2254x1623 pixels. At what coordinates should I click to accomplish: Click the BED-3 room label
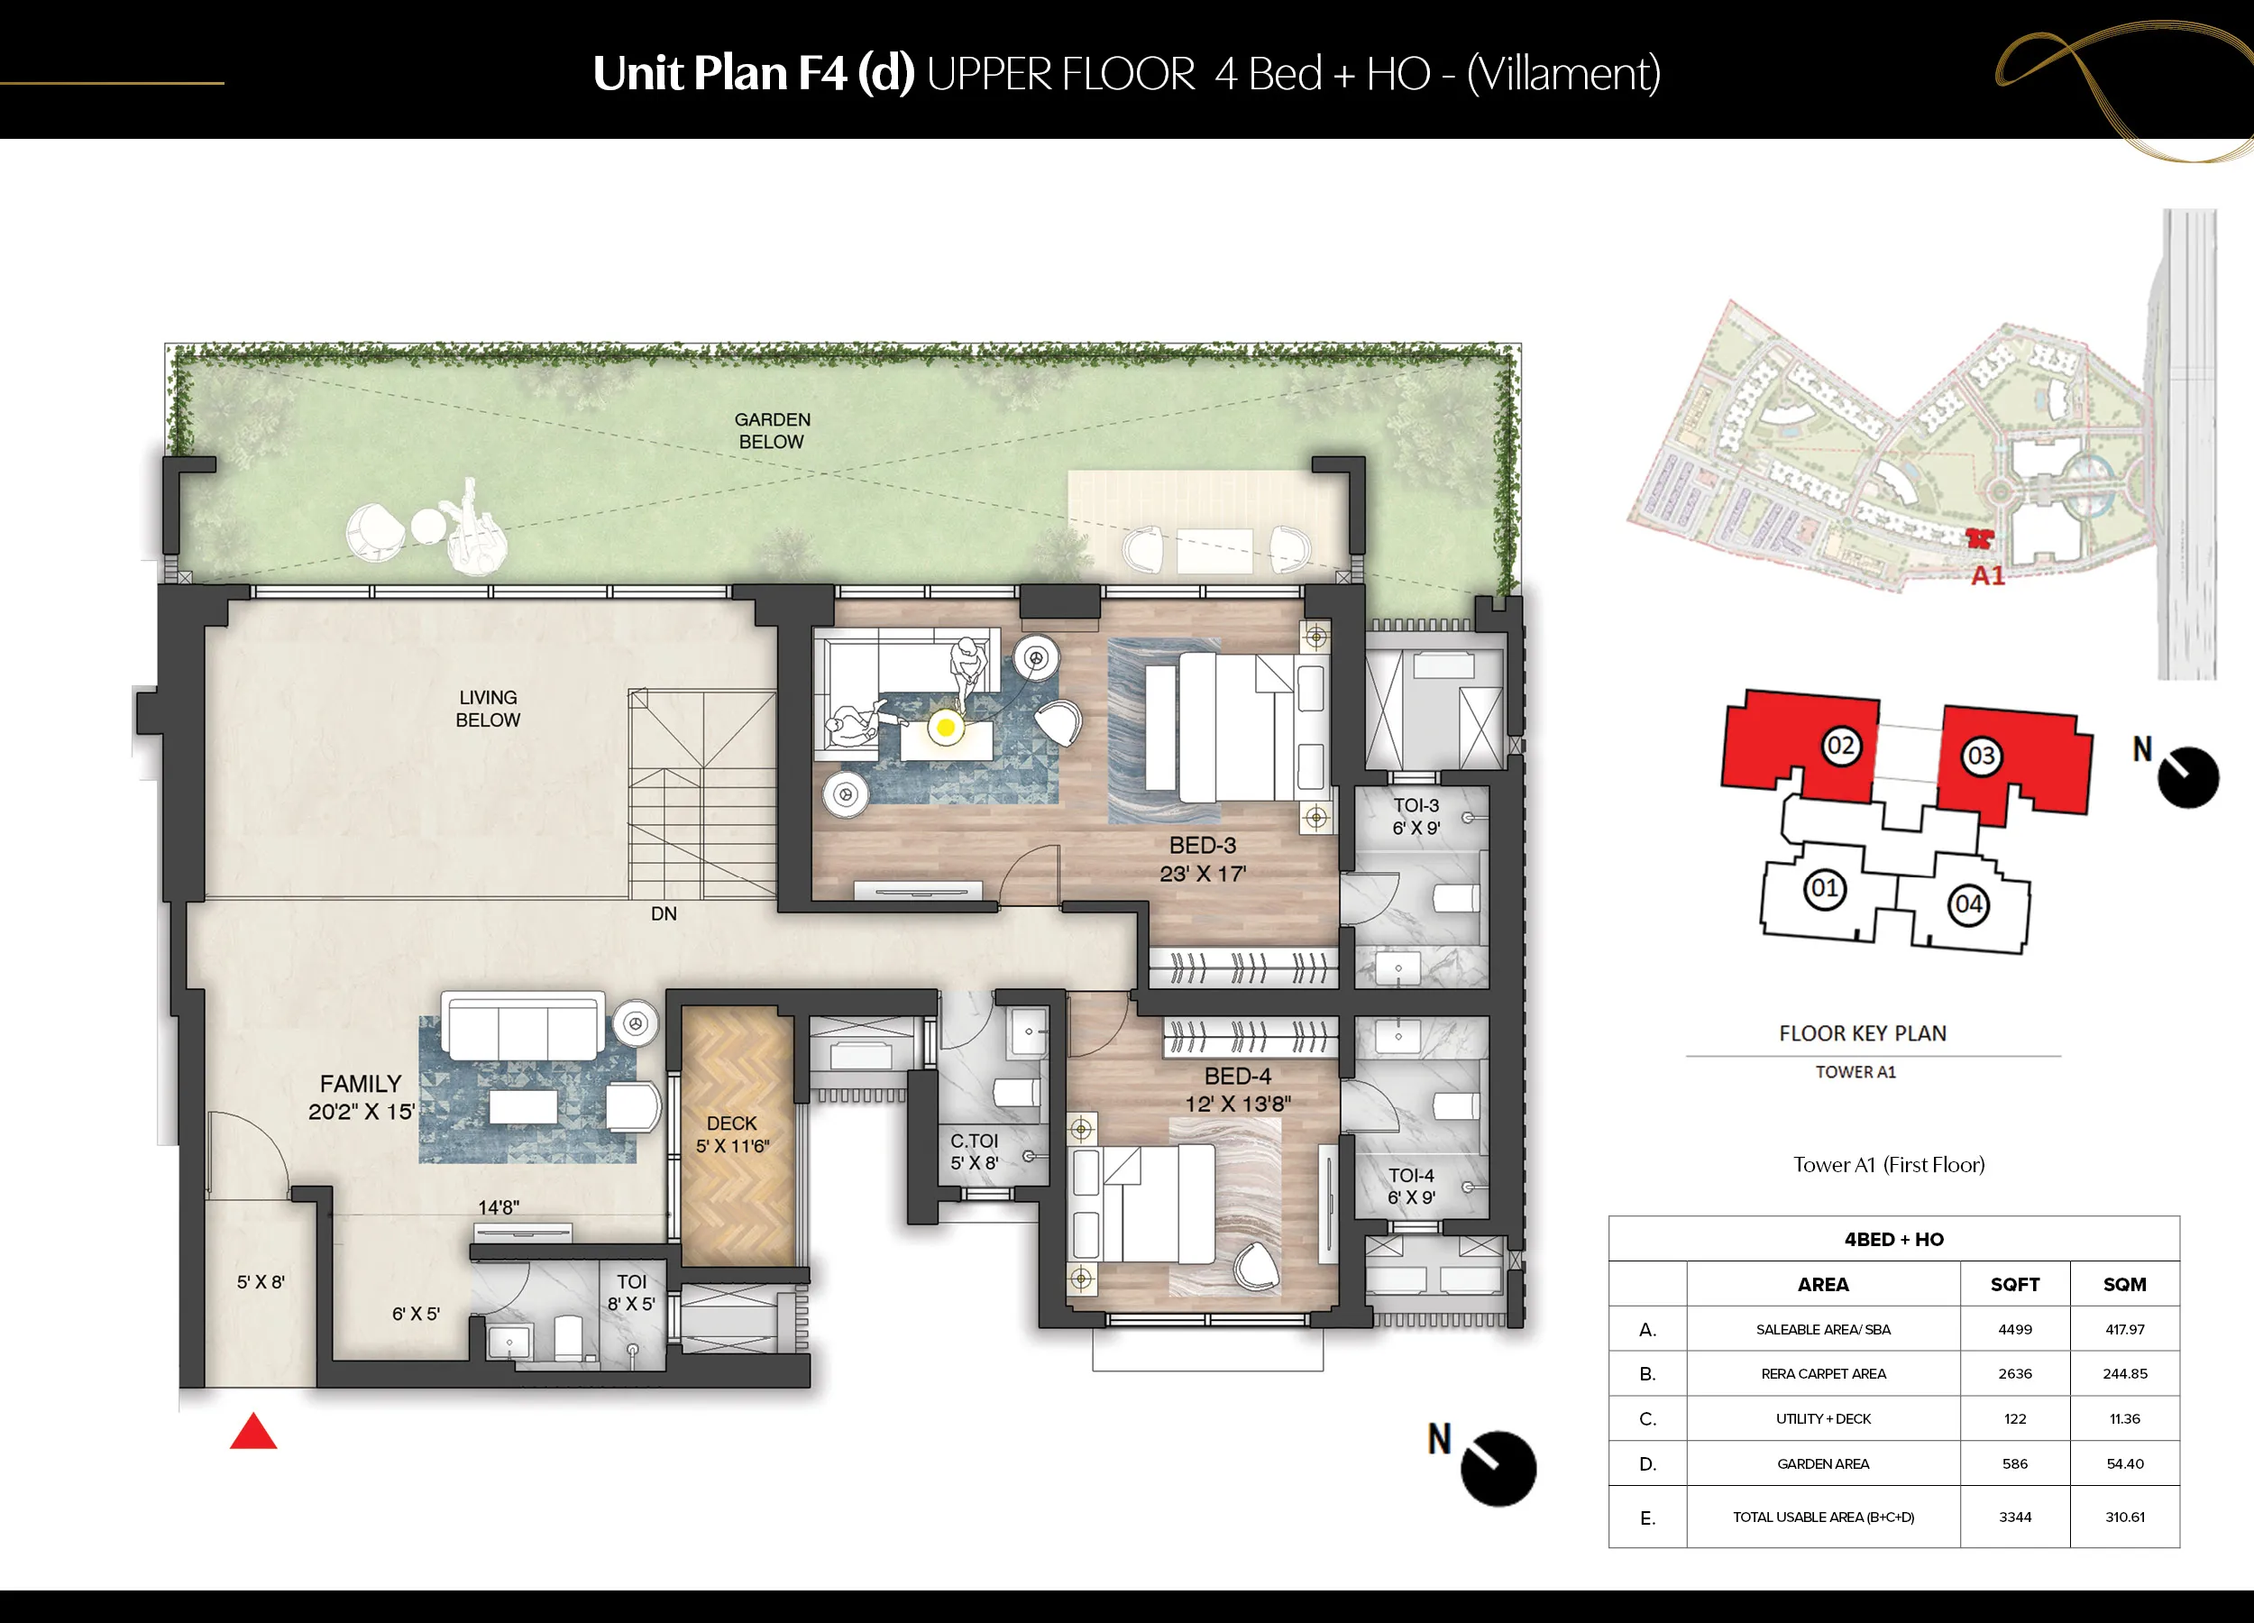pos(1203,846)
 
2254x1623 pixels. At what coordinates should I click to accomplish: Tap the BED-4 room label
pos(1237,1077)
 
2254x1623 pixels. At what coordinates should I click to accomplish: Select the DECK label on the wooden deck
pos(732,1123)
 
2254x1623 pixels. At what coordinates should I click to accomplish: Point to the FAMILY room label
pos(361,1083)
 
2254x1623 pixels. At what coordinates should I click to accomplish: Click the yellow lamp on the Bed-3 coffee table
pos(946,728)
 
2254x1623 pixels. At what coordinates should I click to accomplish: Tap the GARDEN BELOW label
pos(772,430)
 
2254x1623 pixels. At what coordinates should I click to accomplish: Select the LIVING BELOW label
pos(488,709)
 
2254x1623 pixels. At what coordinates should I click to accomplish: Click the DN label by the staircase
pos(664,913)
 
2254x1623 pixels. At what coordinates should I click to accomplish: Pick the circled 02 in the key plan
pos(1839,746)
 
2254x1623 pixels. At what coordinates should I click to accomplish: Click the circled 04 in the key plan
pos(1968,904)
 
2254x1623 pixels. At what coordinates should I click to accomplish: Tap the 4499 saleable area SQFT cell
pos(2014,1329)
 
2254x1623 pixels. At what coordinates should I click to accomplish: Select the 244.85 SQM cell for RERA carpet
pos(2125,1373)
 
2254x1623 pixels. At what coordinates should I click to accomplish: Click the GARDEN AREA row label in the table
pos(1823,1464)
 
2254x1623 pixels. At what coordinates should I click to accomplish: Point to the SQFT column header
pos(2014,1284)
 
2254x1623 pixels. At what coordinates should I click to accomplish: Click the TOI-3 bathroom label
pos(1416,806)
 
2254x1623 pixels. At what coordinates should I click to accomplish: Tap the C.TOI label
pos(974,1141)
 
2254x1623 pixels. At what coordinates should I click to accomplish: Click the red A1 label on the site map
pos(1988,576)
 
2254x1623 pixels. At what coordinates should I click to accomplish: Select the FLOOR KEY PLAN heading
pos(1863,1033)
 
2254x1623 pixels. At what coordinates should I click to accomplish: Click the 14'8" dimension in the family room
pos(498,1207)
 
